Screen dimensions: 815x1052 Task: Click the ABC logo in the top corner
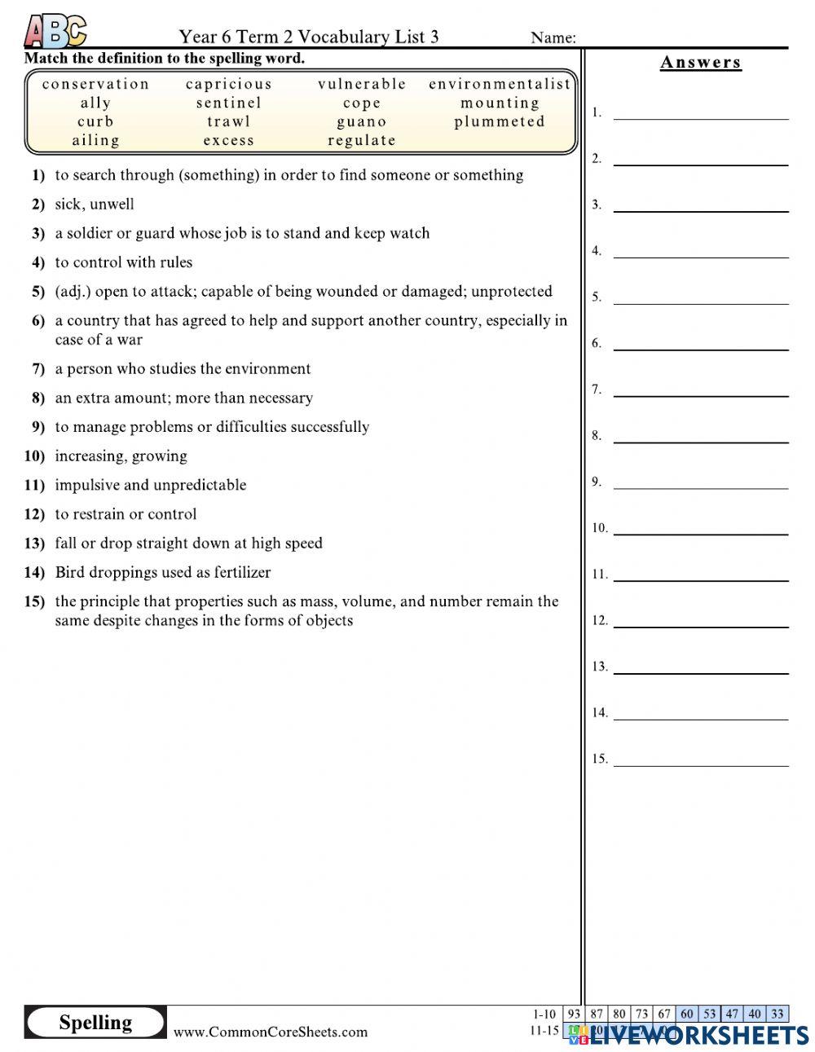[x=55, y=32]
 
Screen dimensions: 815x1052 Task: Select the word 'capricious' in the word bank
[x=229, y=84]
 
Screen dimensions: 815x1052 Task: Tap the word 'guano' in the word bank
[x=362, y=122]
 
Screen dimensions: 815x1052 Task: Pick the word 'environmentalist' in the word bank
[x=500, y=84]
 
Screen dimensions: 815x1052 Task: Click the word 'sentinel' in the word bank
[x=229, y=103]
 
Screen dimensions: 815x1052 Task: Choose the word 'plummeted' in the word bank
[x=500, y=122]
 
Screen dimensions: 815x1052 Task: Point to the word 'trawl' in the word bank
[x=229, y=122]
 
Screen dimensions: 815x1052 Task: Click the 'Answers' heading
[x=701, y=63]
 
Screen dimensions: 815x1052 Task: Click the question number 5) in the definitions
[x=38, y=292]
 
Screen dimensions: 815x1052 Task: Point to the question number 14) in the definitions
[x=34, y=573]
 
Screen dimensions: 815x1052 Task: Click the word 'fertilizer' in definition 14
[x=242, y=573]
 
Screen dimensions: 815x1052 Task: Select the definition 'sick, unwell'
[x=95, y=205]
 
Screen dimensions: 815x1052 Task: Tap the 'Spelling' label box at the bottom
[x=95, y=1023]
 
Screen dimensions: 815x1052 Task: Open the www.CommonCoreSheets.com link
[x=271, y=1032]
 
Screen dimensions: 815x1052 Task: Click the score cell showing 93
[x=574, y=1015]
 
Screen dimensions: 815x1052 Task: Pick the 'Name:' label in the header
[x=553, y=37]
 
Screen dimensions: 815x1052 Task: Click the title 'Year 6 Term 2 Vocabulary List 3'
[x=309, y=37]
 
